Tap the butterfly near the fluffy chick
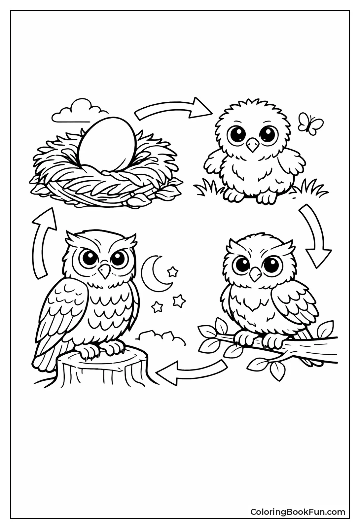[310, 123]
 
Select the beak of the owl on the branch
[255, 272]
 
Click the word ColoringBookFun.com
[298, 512]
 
